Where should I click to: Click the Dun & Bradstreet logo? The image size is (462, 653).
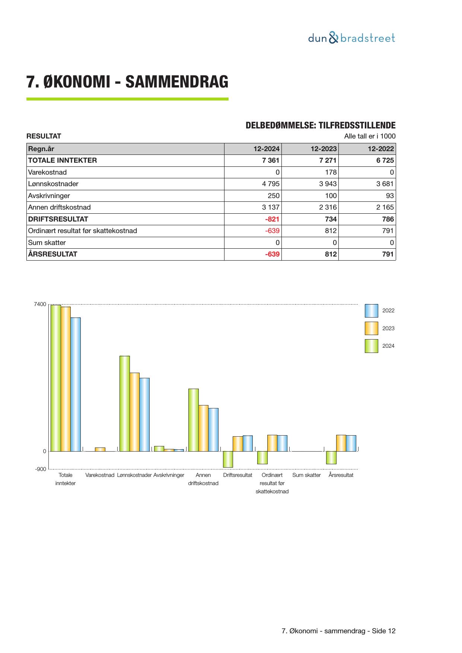click(351, 38)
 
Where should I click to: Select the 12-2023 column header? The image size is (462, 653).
click(324, 149)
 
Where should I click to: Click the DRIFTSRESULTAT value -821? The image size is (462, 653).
click(272, 219)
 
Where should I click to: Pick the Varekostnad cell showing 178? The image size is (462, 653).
click(331, 172)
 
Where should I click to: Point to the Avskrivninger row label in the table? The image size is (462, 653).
click(49, 196)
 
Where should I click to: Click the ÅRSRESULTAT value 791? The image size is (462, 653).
click(388, 254)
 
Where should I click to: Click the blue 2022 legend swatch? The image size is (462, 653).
click(371, 310)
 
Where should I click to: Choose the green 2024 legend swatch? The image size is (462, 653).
click(371, 346)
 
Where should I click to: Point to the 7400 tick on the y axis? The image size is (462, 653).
click(40, 305)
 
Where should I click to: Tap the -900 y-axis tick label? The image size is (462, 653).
click(41, 469)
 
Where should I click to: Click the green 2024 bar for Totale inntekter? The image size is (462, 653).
click(55, 378)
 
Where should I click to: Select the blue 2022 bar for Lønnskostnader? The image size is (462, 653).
click(144, 414)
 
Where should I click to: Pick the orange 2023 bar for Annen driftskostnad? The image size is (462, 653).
click(203, 428)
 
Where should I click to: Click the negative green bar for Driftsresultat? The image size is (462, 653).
click(228, 459)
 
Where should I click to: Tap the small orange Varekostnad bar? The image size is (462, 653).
click(100, 449)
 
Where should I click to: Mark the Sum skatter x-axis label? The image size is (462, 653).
click(306, 475)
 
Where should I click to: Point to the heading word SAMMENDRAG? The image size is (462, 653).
click(177, 82)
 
